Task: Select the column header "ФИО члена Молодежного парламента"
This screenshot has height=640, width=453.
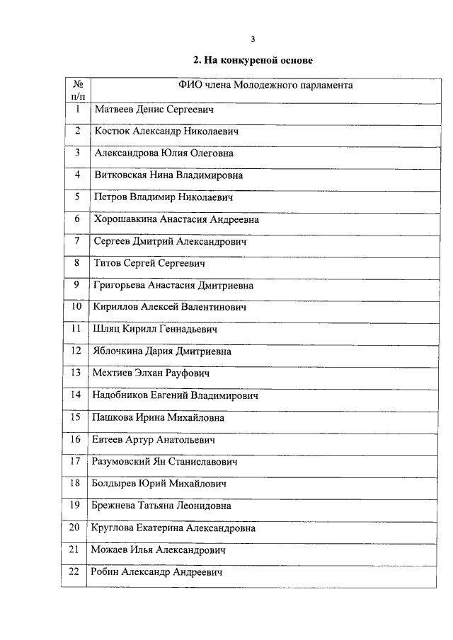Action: [x=265, y=86]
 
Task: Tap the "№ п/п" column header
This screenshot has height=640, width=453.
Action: [x=78, y=91]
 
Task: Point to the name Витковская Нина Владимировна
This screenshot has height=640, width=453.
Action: [x=168, y=175]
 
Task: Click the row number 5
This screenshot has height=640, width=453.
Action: [x=76, y=197]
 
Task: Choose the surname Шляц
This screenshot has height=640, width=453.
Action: [x=106, y=329]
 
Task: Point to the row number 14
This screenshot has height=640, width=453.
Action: [x=76, y=395]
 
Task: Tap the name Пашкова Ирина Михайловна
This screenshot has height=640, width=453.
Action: [x=159, y=417]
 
